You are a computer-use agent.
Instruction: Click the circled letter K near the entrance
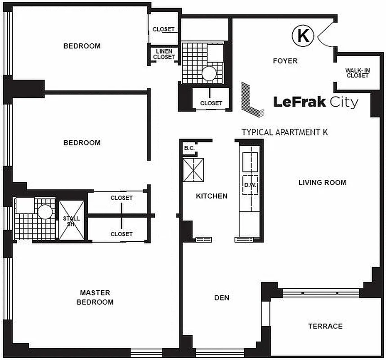[303, 36]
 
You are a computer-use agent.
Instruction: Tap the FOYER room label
[285, 61]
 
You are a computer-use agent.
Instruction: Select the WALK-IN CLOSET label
[357, 73]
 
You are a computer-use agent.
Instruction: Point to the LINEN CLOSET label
[164, 54]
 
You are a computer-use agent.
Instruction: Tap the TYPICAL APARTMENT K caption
[284, 132]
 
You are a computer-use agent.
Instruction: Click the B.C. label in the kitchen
[189, 148]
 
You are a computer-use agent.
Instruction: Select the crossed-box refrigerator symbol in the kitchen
[193, 170]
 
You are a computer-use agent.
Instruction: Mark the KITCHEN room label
[211, 196]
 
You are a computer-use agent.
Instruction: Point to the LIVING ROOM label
[322, 182]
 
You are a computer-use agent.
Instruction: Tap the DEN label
[222, 297]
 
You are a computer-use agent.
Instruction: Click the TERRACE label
[325, 326]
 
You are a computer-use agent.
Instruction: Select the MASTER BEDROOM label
[94, 297]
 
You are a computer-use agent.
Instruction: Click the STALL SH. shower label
[72, 221]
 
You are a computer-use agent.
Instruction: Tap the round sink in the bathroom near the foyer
[208, 73]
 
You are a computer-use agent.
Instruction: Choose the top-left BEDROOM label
[81, 46]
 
